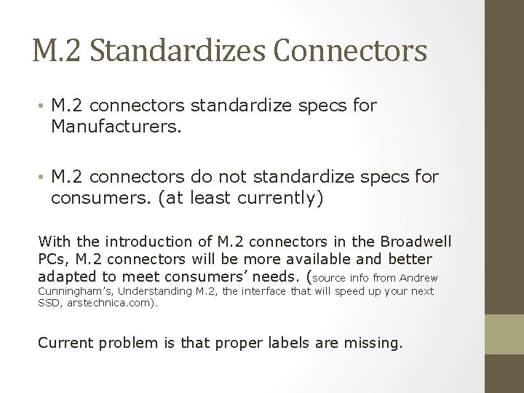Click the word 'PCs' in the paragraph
(50, 259)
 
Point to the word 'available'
(320, 259)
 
